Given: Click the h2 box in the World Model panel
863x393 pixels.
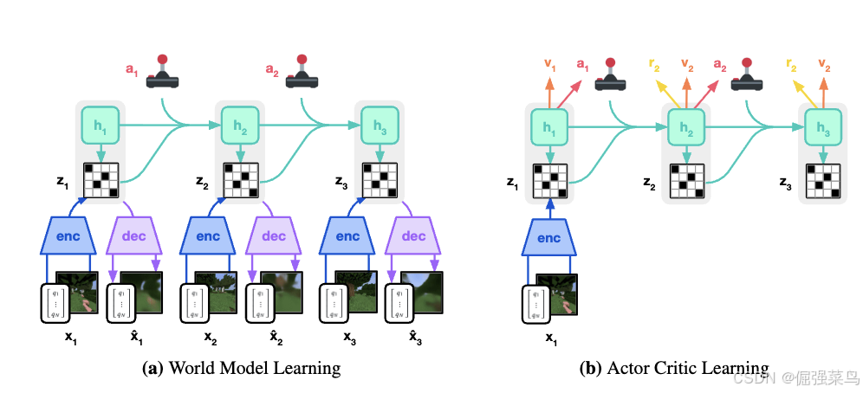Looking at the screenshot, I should tap(240, 126).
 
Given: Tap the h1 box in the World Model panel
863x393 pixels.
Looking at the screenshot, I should tap(100, 126).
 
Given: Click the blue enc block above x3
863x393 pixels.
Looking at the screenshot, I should tap(347, 235).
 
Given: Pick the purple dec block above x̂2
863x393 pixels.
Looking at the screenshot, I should tap(274, 235).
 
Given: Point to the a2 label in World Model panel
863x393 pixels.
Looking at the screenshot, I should tap(273, 68).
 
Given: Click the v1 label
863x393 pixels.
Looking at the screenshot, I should tap(549, 63).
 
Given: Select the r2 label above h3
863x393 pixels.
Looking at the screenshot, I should tap(792, 63).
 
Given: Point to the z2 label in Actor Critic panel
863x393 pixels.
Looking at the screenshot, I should tap(647, 182).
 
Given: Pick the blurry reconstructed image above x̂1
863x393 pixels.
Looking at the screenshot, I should tap(140, 292).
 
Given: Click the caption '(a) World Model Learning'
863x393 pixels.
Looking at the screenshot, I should tap(241, 368).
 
